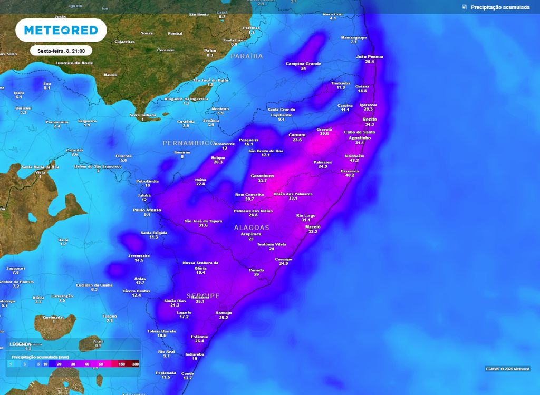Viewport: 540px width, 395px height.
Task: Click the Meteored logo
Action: (x=61, y=30)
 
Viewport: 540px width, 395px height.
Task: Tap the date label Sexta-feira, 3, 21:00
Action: (x=61, y=51)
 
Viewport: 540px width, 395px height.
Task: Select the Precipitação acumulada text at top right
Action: (x=500, y=7)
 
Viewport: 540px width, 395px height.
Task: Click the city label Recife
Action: (x=370, y=120)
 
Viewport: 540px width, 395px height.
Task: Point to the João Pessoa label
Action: (x=370, y=56)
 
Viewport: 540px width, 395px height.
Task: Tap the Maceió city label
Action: (x=313, y=226)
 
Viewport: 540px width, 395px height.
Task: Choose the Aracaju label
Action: (x=224, y=313)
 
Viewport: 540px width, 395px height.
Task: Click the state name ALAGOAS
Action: (x=252, y=228)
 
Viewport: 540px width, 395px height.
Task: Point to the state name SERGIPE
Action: (x=203, y=296)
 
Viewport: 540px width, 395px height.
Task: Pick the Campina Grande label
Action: (x=303, y=64)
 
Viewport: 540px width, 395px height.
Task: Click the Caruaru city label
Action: (x=297, y=135)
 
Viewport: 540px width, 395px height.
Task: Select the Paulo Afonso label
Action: (x=147, y=210)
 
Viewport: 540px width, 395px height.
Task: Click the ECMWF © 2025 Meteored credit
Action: (x=507, y=368)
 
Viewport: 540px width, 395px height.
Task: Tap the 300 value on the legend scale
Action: (x=136, y=364)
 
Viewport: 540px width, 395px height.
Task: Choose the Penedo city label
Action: (x=256, y=270)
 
